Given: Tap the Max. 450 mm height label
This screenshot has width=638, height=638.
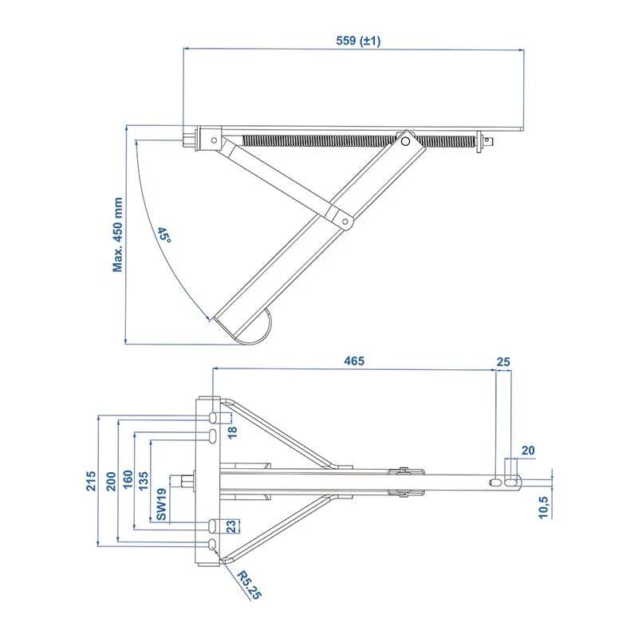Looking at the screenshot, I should [x=118, y=234].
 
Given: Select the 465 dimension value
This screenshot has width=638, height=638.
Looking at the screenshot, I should [x=354, y=360].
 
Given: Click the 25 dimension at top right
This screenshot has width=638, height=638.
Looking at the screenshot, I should [x=502, y=360].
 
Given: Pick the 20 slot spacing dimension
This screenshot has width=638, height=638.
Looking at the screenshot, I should [x=527, y=451].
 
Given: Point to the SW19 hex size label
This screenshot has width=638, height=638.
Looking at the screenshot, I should [x=162, y=504].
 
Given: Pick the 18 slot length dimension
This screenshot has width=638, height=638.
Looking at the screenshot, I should [x=233, y=431].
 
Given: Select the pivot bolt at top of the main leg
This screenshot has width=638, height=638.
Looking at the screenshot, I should [x=406, y=142].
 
